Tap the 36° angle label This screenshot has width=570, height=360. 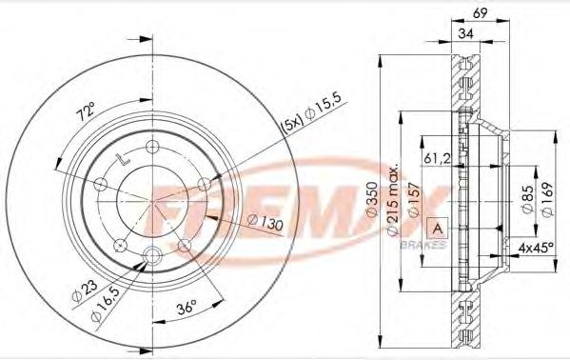[187, 307]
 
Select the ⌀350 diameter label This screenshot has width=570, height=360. [375, 194]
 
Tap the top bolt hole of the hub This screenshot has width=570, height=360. [152, 146]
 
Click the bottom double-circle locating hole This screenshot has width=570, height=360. [152, 253]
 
